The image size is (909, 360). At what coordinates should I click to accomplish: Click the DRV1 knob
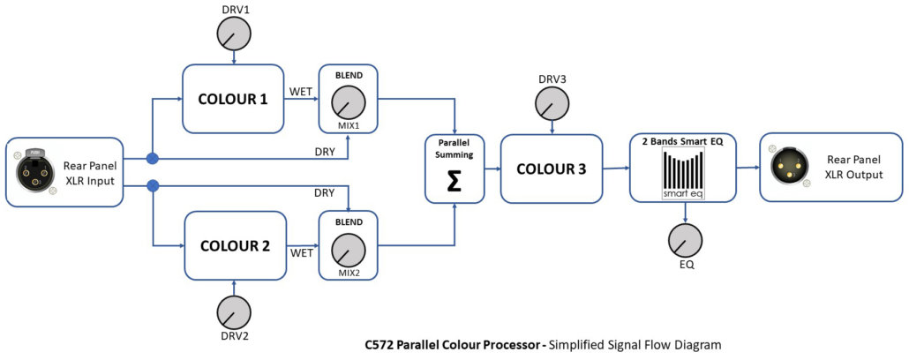[233, 34]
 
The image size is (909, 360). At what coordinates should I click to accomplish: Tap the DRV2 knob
[234, 313]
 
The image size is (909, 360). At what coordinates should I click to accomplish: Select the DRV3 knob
[552, 105]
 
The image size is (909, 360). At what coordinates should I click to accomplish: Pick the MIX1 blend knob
[349, 105]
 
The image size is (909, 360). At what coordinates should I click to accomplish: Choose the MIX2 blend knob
[349, 251]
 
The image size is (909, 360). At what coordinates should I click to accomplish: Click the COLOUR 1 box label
[233, 99]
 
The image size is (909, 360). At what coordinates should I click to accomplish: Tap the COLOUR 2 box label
[235, 246]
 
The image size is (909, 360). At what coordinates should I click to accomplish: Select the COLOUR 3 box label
[552, 169]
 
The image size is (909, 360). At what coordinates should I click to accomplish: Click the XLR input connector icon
[34, 171]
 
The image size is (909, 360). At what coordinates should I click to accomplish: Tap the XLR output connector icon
[787, 166]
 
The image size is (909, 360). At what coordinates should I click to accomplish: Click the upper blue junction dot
[152, 159]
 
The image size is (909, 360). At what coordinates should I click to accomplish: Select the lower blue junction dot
[152, 185]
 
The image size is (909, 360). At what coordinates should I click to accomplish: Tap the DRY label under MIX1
[325, 151]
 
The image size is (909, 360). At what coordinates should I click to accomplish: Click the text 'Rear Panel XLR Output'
[854, 166]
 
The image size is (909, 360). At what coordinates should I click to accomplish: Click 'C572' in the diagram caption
[380, 345]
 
